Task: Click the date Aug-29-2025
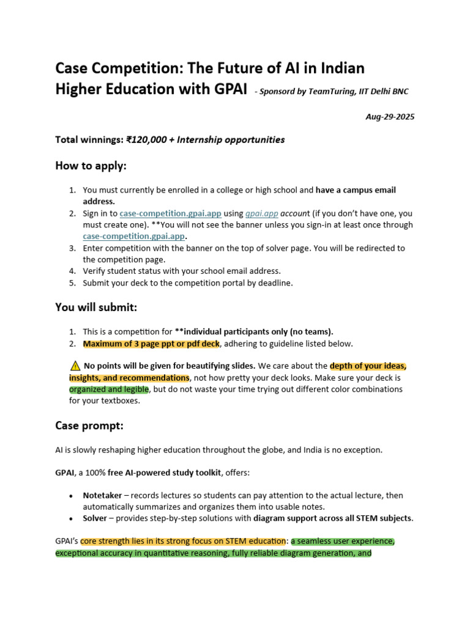(390, 117)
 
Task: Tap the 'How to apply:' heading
(91, 166)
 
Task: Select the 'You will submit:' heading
(96, 307)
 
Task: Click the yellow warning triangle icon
(75, 366)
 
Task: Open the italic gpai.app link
(262, 213)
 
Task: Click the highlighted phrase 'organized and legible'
(108, 389)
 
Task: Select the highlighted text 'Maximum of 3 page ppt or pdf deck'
(151, 344)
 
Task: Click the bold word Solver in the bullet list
(95, 518)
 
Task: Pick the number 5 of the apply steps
(72, 282)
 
